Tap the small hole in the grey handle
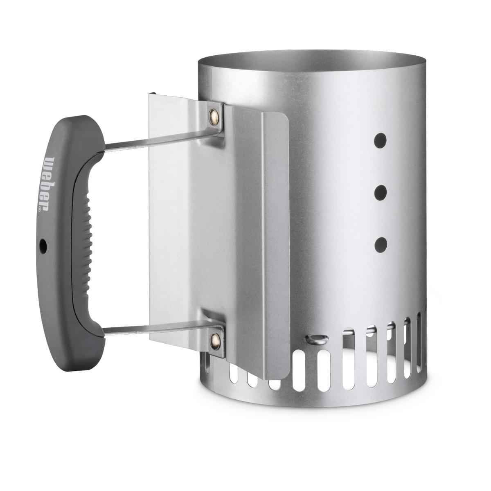(x=43, y=246)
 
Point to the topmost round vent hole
(x=381, y=140)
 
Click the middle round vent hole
(x=381, y=192)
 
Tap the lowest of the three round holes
(x=381, y=244)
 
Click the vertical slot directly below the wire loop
(x=323, y=368)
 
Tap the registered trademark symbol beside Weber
(x=40, y=209)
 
